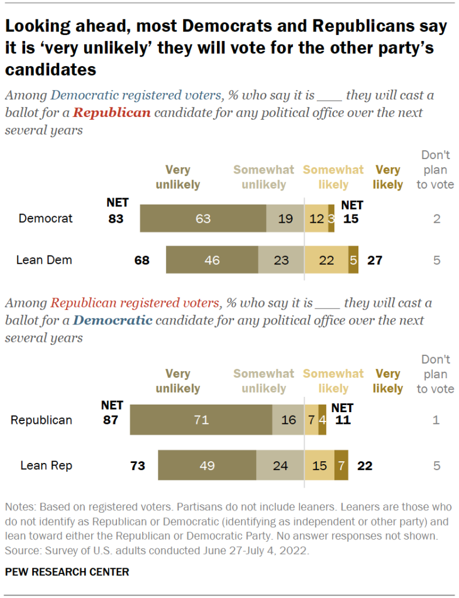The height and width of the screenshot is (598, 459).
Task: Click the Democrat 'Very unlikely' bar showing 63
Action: point(203,219)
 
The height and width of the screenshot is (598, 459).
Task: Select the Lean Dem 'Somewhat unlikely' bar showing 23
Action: point(281,260)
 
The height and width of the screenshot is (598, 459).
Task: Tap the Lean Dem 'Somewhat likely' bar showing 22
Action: point(326,260)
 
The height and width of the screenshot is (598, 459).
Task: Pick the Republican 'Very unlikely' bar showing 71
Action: point(201,420)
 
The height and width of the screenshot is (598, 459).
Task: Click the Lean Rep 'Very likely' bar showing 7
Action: point(341,466)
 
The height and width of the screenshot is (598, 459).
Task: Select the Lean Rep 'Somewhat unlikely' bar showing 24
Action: point(280,466)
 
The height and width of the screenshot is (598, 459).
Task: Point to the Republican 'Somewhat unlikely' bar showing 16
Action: point(288,420)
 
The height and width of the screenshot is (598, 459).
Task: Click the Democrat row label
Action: point(46,219)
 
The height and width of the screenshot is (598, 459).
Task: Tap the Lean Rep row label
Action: point(46,466)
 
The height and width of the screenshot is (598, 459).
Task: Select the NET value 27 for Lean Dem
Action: point(374,260)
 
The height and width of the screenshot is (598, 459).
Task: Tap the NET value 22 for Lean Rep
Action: point(364,466)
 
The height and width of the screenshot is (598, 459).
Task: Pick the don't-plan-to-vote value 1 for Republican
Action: point(436,420)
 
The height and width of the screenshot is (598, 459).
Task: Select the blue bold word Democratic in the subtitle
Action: point(113,320)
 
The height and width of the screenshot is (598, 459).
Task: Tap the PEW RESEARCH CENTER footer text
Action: point(67,571)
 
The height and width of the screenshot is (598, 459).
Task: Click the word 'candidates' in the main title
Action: point(50,70)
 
